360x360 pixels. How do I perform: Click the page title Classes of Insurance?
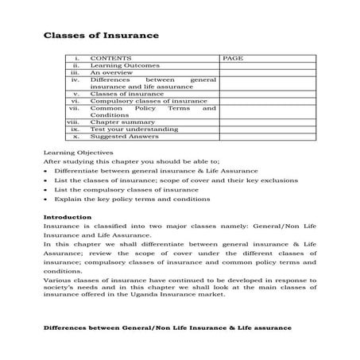pos(100,36)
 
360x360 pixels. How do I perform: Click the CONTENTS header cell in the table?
pos(111,58)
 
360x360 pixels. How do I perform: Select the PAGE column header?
pos(233,58)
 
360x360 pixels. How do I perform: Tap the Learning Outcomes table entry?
pos(125,65)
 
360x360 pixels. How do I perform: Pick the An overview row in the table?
pos(112,72)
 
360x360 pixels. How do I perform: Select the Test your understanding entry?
pos(134,129)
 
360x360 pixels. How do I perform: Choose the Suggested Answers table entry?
pos(125,136)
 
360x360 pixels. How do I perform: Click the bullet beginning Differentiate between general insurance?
pos(157,170)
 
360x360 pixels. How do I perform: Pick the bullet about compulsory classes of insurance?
pos(126,189)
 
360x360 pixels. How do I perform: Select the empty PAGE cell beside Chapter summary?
pos(268,122)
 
